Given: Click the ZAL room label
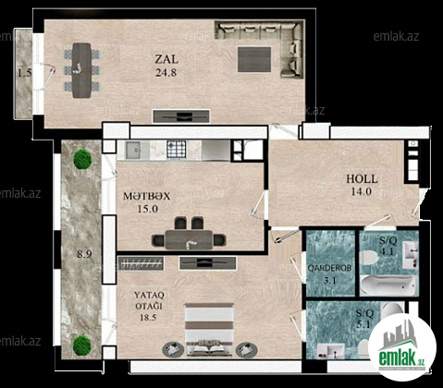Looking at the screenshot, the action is point(166,59).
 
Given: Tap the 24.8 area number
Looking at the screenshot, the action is point(166,73).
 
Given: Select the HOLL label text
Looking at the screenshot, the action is point(362,179).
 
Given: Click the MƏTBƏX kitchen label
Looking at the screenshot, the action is point(146,196).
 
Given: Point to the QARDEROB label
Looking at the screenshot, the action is point(329,268).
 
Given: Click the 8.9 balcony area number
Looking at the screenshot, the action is point(84,254).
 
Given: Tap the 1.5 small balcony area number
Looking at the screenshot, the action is point(24,73).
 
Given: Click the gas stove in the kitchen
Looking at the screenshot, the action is point(177,149).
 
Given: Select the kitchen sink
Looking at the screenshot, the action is point(133,150).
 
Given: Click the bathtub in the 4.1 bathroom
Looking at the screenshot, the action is point(389,285).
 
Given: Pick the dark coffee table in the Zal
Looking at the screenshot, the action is point(254,59).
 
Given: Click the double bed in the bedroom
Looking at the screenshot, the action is point(210,330).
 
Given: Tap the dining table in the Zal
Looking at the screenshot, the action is point(81,70).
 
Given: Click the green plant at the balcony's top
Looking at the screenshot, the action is point(82,159).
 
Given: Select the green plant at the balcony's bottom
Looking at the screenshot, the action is point(82,345).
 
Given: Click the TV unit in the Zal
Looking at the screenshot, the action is point(181,116).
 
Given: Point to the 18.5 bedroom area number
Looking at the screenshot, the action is point(148,317).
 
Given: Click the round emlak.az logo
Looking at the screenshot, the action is point(402,348).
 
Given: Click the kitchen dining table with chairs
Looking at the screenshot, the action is point(189,234).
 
